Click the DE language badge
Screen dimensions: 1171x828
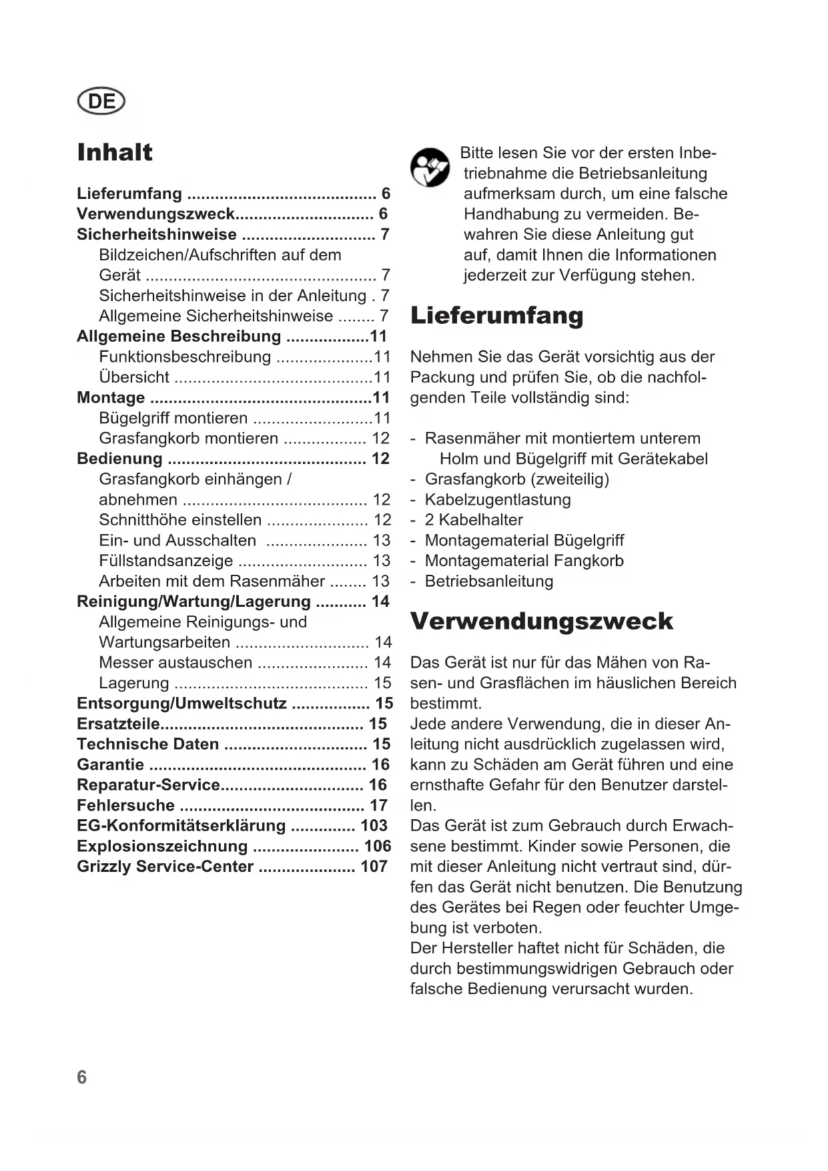pyautogui.click(x=101, y=101)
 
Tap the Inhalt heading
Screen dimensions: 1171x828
pyautogui.click(x=115, y=152)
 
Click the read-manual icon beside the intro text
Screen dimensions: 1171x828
pyautogui.click(x=430, y=168)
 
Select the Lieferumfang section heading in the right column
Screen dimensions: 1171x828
pyautogui.click(x=496, y=316)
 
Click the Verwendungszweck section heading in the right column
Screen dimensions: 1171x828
pyautogui.click(x=541, y=622)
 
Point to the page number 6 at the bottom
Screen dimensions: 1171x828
pyautogui.click(x=81, y=1077)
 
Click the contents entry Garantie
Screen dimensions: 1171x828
pyautogui.click(x=111, y=764)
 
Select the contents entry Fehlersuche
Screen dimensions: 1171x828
pyautogui.click(x=126, y=805)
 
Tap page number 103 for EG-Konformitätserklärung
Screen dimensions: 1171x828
pyautogui.click(x=374, y=826)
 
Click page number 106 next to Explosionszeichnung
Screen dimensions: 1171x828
pyautogui.click(x=377, y=846)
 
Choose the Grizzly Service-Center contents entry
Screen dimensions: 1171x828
pyautogui.click(x=165, y=867)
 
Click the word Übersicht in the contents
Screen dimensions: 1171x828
pyautogui.click(x=134, y=377)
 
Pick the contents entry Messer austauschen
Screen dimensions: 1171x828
pyautogui.click(x=175, y=662)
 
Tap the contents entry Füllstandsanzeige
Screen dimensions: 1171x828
pyautogui.click(x=166, y=561)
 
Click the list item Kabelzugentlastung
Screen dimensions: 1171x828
pyautogui.click(x=498, y=499)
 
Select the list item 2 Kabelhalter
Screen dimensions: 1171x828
pyautogui.click(x=474, y=520)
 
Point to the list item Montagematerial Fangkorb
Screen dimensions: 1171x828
pyautogui.click(x=524, y=561)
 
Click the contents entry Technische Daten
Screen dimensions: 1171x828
pyautogui.click(x=148, y=744)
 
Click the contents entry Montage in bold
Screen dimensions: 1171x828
pyautogui.click(x=111, y=398)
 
